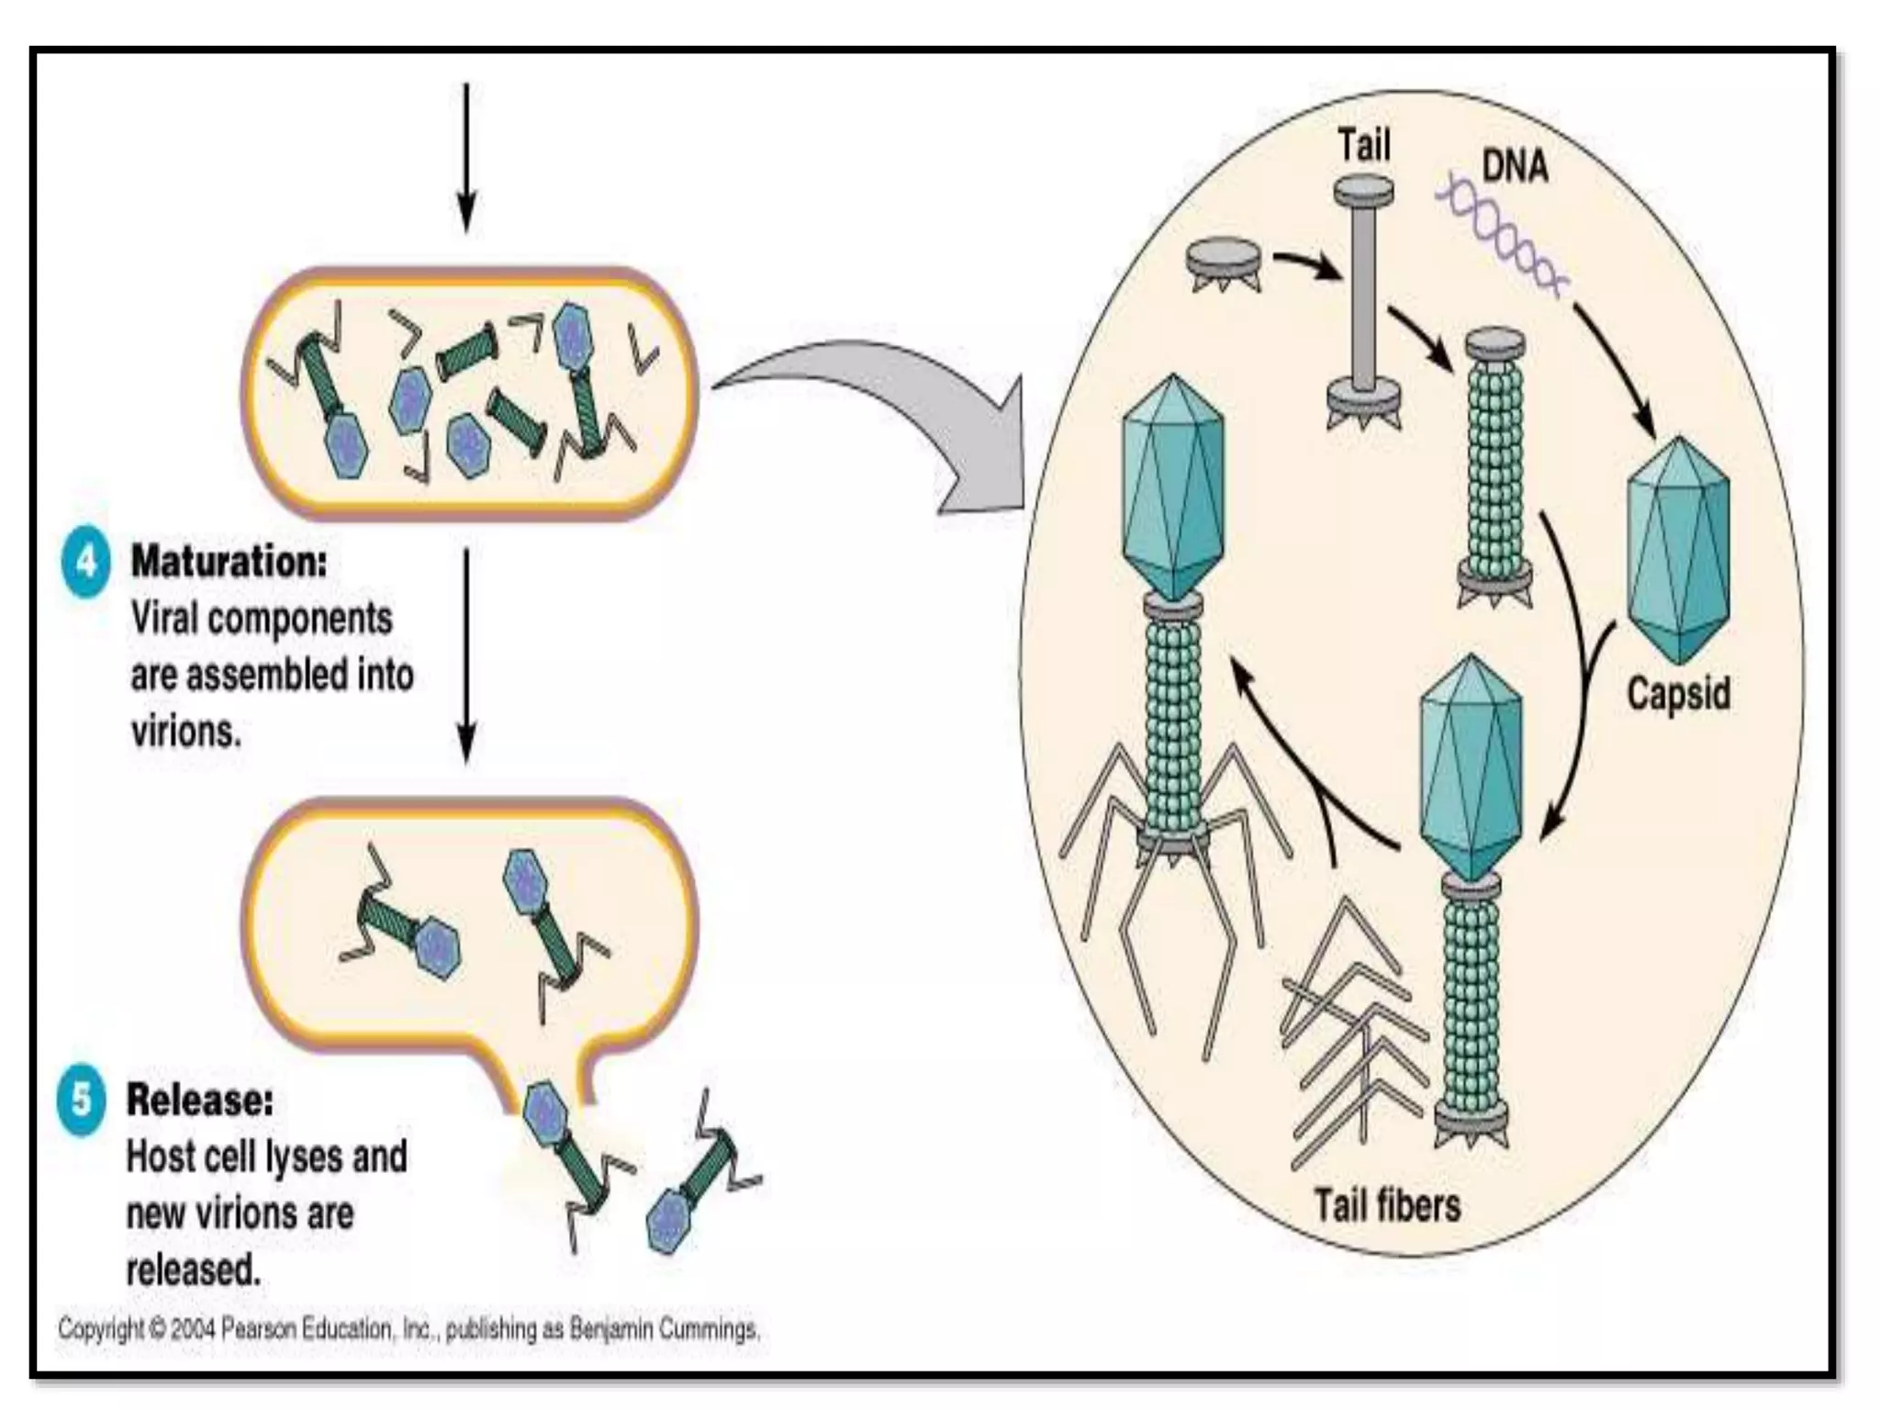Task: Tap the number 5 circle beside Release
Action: tap(81, 1099)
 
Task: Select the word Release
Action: tap(199, 1100)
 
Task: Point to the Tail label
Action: tap(1363, 145)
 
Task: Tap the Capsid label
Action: tap(1678, 693)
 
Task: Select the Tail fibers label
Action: tap(1386, 1204)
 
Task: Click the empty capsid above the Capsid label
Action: tap(1678, 551)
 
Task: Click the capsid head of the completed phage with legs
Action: tap(1173, 487)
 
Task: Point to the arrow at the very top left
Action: tap(466, 156)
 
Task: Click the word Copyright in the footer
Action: tap(100, 1328)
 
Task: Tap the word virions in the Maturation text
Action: tap(186, 732)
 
